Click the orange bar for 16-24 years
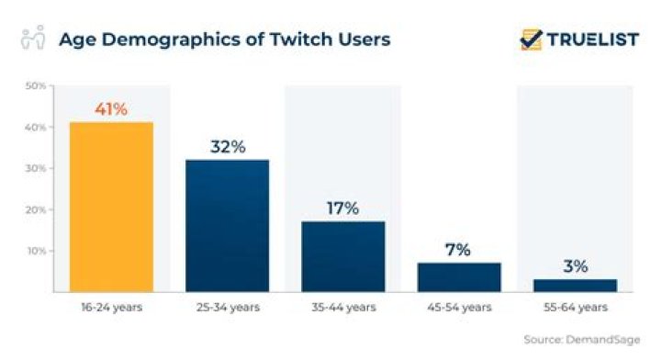111,207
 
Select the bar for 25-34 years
227,225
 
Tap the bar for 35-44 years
343,256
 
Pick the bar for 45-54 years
459,276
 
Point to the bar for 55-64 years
575,285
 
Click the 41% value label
111,109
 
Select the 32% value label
227,147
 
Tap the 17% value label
343,208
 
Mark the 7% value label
459,250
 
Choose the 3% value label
575,266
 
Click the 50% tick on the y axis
36,86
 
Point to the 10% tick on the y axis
36,251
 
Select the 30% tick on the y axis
36,169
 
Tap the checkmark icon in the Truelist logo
531,39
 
